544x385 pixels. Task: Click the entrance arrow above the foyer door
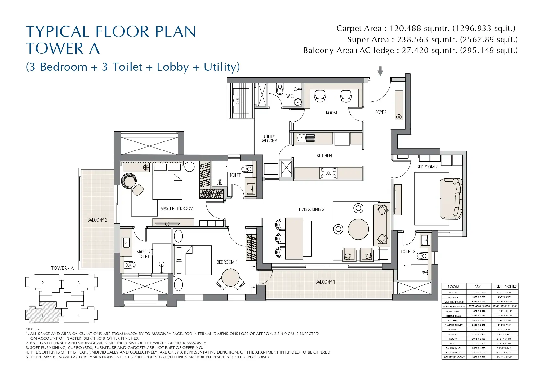coord(380,71)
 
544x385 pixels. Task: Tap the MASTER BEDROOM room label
coord(176,208)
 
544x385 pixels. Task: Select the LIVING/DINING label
coord(311,209)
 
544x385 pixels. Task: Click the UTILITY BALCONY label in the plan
coord(269,139)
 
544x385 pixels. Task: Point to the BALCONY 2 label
coord(97,220)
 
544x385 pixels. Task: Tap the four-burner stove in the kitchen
coord(328,173)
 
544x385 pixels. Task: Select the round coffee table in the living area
coord(358,229)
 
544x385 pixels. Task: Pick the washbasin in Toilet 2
coord(425,240)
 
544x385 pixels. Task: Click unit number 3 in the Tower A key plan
coord(78,283)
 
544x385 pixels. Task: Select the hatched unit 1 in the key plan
coord(42,316)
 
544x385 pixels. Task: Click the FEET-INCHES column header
coord(505,286)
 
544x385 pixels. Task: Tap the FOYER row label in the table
coord(453,293)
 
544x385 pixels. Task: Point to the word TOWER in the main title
coord(55,49)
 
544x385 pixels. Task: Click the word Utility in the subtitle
coord(220,67)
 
